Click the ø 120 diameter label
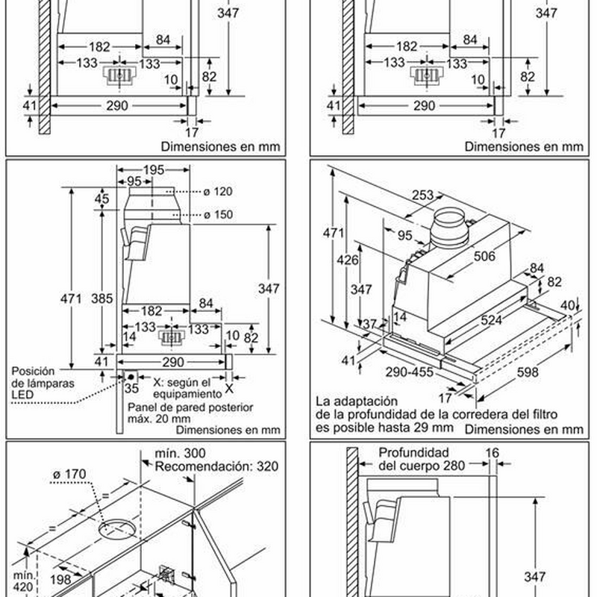218,192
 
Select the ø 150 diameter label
218,215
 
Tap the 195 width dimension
153,171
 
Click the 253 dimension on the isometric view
422,196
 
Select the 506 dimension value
484,257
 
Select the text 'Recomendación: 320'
216,466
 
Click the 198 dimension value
61,578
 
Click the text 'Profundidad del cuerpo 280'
421,459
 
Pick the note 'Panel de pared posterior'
190,408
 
